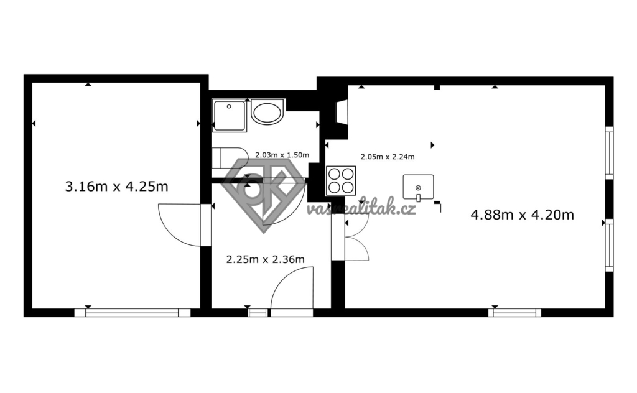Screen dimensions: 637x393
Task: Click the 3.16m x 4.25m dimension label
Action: click(x=116, y=187)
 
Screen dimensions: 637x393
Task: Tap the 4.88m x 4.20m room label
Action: click(x=522, y=215)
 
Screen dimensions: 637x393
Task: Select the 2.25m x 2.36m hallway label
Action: click(x=265, y=259)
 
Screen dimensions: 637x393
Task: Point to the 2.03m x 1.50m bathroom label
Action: click(x=282, y=155)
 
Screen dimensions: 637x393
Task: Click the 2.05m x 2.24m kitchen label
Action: click(x=388, y=157)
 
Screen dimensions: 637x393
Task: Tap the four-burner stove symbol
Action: click(x=341, y=181)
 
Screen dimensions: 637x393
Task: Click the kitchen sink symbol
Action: click(x=418, y=188)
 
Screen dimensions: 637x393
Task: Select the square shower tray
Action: click(x=229, y=115)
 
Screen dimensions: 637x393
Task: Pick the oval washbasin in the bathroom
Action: click(x=267, y=111)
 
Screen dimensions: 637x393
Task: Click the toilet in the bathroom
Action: click(x=230, y=157)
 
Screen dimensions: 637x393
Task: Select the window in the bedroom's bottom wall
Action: click(x=133, y=313)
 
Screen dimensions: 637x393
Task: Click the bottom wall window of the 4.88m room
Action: click(x=514, y=313)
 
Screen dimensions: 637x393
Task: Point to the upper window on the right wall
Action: click(x=609, y=152)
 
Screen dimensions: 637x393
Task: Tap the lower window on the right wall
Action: click(x=609, y=245)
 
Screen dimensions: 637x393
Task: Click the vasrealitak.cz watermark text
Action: click(x=361, y=209)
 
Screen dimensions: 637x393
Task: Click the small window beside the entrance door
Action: click(x=258, y=313)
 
